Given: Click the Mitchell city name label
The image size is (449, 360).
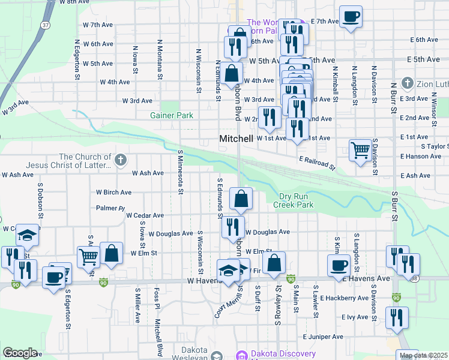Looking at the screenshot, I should [x=236, y=139].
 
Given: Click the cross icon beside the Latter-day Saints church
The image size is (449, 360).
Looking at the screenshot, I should [x=121, y=160].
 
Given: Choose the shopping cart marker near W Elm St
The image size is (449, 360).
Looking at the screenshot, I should [x=88, y=256].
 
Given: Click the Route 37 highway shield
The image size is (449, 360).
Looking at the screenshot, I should [x=46, y=25].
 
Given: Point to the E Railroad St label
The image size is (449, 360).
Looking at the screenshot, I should [x=316, y=163].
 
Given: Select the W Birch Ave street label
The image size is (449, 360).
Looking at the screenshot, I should [x=113, y=193].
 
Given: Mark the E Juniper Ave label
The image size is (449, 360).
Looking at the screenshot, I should [x=323, y=337].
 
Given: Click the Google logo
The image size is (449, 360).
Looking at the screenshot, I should [x=20, y=352].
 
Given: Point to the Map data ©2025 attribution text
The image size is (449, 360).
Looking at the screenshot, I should [x=424, y=355].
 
